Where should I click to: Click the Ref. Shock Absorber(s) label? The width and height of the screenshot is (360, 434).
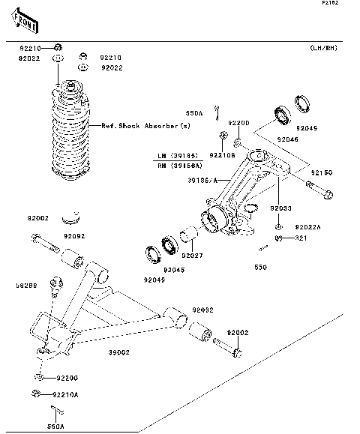tap(146, 126)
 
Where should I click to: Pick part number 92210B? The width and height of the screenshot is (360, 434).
tap(222, 155)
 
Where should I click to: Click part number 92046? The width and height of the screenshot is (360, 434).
tap(287, 139)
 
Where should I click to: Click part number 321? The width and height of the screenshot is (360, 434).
tap(301, 238)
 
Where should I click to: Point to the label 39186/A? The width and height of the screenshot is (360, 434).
tap(202, 180)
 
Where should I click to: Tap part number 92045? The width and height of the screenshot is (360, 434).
tap(174, 269)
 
